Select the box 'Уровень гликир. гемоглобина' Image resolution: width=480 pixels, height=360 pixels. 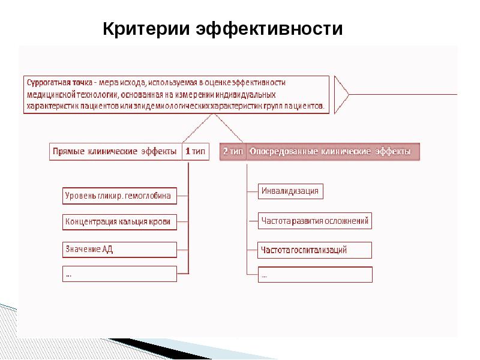point(119,195)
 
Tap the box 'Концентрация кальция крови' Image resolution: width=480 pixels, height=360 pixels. point(119,222)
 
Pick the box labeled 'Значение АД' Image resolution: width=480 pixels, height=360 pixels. point(119,249)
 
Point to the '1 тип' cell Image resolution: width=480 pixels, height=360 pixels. point(194,152)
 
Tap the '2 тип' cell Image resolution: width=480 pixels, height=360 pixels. point(233,152)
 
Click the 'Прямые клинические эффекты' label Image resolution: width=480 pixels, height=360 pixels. point(115,152)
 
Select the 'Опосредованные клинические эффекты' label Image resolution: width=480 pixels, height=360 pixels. point(330,152)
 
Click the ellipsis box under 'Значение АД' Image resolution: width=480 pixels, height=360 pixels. point(119,274)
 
